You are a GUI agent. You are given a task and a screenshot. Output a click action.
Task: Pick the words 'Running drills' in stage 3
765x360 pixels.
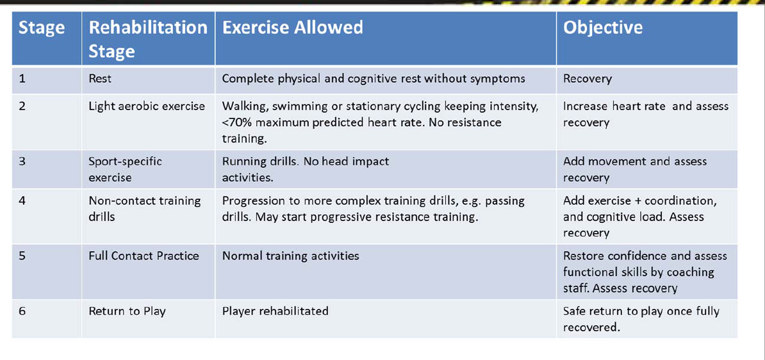(x=257, y=161)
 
